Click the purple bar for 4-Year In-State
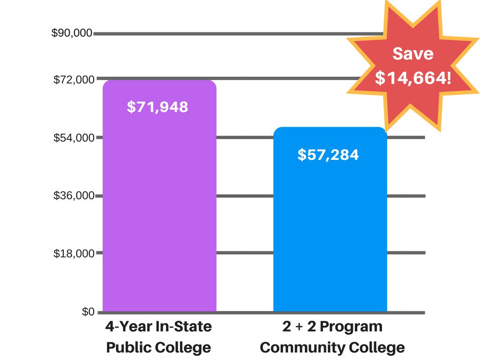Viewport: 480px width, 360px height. coord(159,211)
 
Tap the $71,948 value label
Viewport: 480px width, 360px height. coord(157,107)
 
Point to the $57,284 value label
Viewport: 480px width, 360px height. coord(328,154)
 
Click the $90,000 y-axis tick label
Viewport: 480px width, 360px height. coord(72,33)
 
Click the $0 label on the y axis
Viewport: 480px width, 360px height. coord(88,312)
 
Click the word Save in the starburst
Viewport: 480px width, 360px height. coord(412,53)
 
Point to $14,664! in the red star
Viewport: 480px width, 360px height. coord(413,78)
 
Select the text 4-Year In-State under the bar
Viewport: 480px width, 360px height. coord(158,326)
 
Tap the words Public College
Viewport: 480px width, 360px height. coord(158,348)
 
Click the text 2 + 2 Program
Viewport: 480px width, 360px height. coord(332,326)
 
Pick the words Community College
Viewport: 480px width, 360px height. coord(332,348)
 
